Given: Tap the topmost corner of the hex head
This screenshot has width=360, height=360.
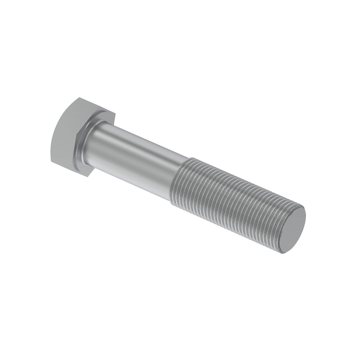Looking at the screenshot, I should (79, 97).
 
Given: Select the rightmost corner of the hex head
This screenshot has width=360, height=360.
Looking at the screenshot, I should (115, 114).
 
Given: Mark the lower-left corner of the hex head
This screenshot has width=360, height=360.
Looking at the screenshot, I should (51, 161).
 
